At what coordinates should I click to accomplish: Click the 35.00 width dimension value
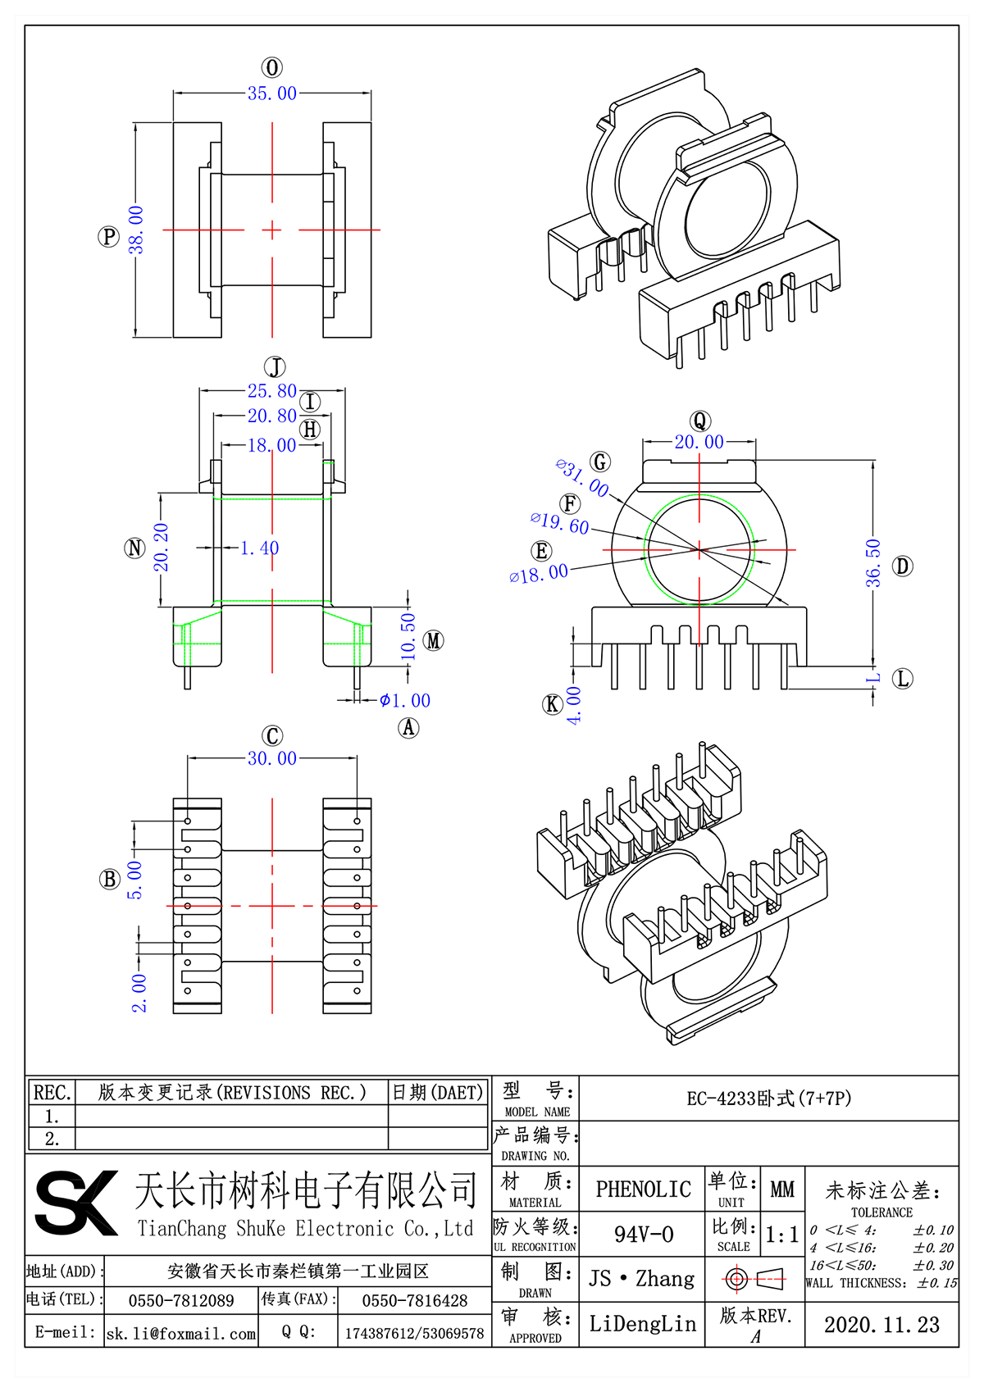pyautogui.click(x=272, y=93)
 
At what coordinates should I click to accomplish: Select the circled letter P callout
pyautogui.click(x=108, y=237)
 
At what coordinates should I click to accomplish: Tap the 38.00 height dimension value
pyautogui.click(x=136, y=230)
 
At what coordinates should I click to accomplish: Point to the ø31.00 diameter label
pyautogui.click(x=582, y=478)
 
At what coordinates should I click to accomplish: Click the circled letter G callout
pyautogui.click(x=601, y=462)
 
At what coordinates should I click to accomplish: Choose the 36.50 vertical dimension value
pyautogui.click(x=873, y=562)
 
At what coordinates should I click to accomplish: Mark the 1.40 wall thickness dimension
pyautogui.click(x=259, y=548)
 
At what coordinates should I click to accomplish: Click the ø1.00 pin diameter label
pyautogui.click(x=405, y=700)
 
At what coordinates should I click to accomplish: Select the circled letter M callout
pyautogui.click(x=434, y=641)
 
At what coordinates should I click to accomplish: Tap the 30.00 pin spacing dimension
pyautogui.click(x=272, y=758)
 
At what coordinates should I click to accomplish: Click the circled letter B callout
pyautogui.click(x=109, y=880)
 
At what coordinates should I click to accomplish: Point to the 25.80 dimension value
pyautogui.click(x=272, y=391)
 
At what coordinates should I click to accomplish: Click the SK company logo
pyautogui.click(x=76, y=1203)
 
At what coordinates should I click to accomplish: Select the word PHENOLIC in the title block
pyautogui.click(x=643, y=1190)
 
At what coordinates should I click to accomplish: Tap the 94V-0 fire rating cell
pyautogui.click(x=644, y=1235)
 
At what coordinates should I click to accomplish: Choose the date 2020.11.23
pyautogui.click(x=881, y=1325)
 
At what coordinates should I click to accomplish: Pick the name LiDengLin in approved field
pyautogui.click(x=642, y=1324)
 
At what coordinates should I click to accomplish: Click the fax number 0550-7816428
pyautogui.click(x=414, y=1301)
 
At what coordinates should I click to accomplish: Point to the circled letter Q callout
pyautogui.click(x=699, y=421)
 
